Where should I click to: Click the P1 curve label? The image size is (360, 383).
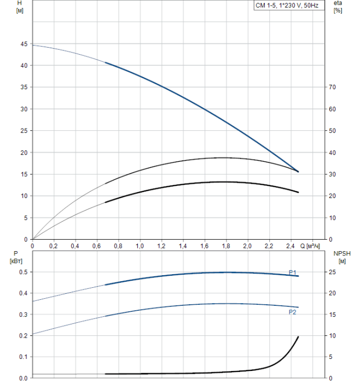click(293, 271)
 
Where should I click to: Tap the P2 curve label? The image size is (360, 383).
click(293, 312)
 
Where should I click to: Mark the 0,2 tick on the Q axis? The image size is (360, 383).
click(54, 246)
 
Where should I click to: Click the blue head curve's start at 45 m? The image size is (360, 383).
click(33, 45)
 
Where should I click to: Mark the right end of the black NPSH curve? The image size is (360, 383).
click(299, 336)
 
